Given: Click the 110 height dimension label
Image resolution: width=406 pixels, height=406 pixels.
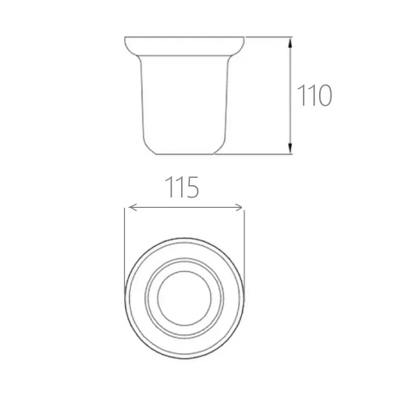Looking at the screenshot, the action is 314,95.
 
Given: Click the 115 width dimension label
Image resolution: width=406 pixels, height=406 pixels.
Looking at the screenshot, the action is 182,187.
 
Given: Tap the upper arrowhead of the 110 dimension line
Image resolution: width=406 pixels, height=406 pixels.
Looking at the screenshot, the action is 290,43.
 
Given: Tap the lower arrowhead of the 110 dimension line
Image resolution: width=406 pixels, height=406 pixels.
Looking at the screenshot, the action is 290,148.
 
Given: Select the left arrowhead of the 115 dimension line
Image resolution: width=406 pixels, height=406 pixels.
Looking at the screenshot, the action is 132,208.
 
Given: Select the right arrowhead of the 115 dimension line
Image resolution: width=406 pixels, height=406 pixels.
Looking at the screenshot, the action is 239,208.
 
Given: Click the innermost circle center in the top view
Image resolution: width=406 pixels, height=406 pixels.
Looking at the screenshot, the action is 184,298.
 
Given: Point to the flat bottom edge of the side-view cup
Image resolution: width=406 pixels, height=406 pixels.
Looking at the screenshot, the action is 185,154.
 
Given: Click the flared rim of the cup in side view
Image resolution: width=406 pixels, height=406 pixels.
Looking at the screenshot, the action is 184,46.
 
